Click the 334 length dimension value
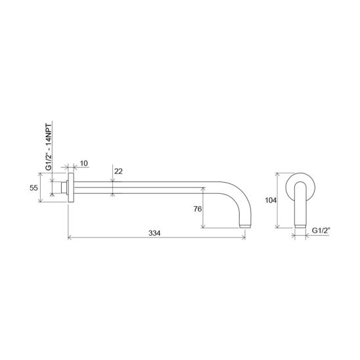(x=154, y=233)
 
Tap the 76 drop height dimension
(x=198, y=209)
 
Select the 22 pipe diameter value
(x=118, y=171)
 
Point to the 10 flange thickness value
(x=84, y=164)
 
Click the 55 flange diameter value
(x=34, y=188)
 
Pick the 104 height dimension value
(x=271, y=200)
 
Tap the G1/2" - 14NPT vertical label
(x=49, y=146)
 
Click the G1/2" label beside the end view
(x=321, y=231)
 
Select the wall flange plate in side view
(x=71, y=188)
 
